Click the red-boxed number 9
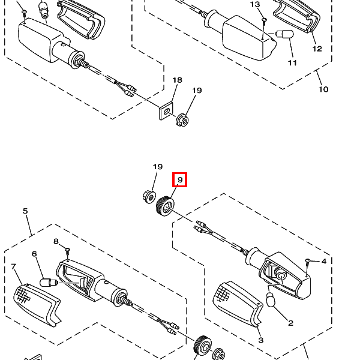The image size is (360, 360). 180,179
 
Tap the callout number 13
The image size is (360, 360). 255,5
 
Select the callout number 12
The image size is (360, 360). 317,49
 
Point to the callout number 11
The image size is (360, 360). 292,62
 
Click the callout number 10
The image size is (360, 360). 323,89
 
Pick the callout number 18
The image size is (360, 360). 177,80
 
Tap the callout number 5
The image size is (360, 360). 25,211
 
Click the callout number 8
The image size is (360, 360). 56,241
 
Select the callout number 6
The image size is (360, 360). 34,254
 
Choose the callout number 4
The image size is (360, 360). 323,261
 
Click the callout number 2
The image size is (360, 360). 290,323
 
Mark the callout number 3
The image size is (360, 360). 261,340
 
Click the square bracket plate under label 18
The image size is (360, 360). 163,112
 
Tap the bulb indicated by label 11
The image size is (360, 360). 283,35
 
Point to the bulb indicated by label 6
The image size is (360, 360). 49,281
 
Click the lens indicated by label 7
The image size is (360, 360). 36,304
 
